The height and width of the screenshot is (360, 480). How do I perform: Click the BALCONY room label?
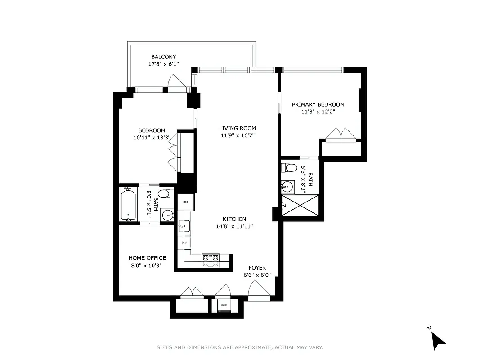tap(163, 57)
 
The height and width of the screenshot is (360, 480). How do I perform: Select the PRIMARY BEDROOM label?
tap(318, 104)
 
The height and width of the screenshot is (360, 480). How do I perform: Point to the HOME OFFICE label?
tap(147, 258)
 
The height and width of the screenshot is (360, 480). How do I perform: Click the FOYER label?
tap(257, 268)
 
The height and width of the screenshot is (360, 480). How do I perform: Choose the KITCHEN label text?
tap(234, 219)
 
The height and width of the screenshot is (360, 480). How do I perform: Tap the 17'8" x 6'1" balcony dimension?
tap(163, 64)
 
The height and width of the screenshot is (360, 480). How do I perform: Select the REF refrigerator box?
tap(185, 202)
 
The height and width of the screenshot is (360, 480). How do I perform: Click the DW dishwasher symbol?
tap(184, 243)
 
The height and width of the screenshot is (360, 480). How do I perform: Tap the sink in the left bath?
tap(167, 215)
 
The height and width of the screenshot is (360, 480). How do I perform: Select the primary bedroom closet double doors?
tap(341, 134)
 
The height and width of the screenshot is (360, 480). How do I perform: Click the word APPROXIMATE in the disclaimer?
tap(253, 347)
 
